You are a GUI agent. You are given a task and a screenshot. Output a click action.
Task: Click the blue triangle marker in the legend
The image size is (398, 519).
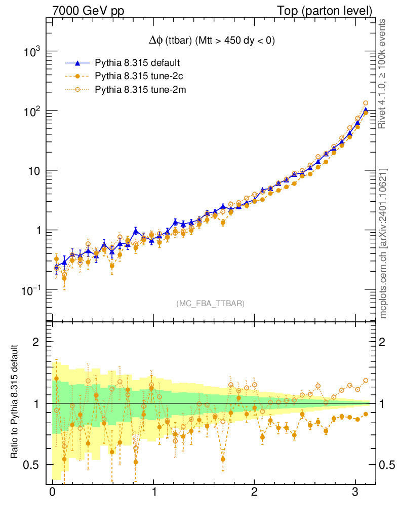coord(77,63)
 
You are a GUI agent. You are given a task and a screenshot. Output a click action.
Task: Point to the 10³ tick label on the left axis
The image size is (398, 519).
coord(32,52)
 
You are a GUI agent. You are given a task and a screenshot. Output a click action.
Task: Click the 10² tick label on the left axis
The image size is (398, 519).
coord(32,111)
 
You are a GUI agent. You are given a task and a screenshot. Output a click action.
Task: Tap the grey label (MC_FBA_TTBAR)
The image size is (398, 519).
coord(211,304)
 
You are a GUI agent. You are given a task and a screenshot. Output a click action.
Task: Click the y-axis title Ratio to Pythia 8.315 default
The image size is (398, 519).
coord(15,403)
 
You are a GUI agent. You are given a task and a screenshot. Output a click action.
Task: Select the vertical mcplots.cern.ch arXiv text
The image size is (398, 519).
coord(383,243)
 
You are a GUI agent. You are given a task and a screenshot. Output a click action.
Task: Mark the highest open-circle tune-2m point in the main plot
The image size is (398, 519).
coord(366,103)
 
